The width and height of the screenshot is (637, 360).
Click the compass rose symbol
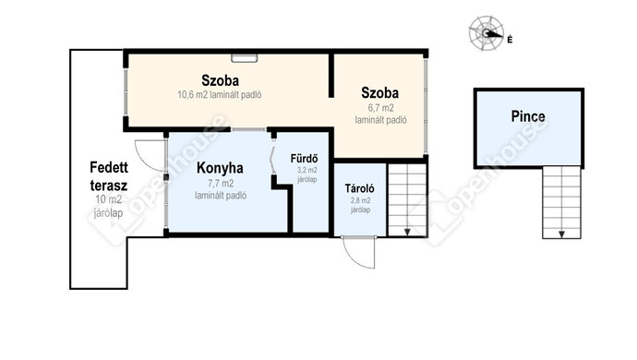pyautogui.click(x=486, y=33)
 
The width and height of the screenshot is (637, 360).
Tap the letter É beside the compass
pyautogui.click(x=510, y=40)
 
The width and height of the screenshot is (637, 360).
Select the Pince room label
pyautogui.click(x=528, y=116)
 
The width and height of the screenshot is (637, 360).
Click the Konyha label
pyautogui.click(x=220, y=168)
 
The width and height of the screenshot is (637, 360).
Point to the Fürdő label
pyautogui.click(x=304, y=158)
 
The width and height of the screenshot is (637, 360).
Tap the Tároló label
pyautogui.click(x=359, y=188)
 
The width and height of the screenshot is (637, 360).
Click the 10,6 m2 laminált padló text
pyautogui.click(x=220, y=95)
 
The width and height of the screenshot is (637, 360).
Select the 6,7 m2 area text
pyautogui.click(x=380, y=108)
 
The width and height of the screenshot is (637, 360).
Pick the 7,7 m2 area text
pyautogui.click(x=221, y=184)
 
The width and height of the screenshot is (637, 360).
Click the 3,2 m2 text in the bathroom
pyautogui.click(x=306, y=170)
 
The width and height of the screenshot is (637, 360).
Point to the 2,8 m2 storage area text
pyautogui.click(x=360, y=200)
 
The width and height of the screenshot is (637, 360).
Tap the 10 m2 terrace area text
pyautogui.click(x=108, y=199)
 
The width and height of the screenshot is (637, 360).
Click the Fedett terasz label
pyautogui.click(x=109, y=176)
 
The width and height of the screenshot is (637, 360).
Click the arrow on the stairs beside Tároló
pyautogui.click(x=407, y=232)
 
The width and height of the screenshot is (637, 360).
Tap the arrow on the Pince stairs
pyautogui.click(x=561, y=234)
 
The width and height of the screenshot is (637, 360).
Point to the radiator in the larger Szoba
pyautogui.click(x=244, y=58)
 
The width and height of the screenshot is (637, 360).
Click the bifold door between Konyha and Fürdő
pyautogui.click(x=272, y=161)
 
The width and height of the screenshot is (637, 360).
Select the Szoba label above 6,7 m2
pyautogui.click(x=379, y=93)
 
